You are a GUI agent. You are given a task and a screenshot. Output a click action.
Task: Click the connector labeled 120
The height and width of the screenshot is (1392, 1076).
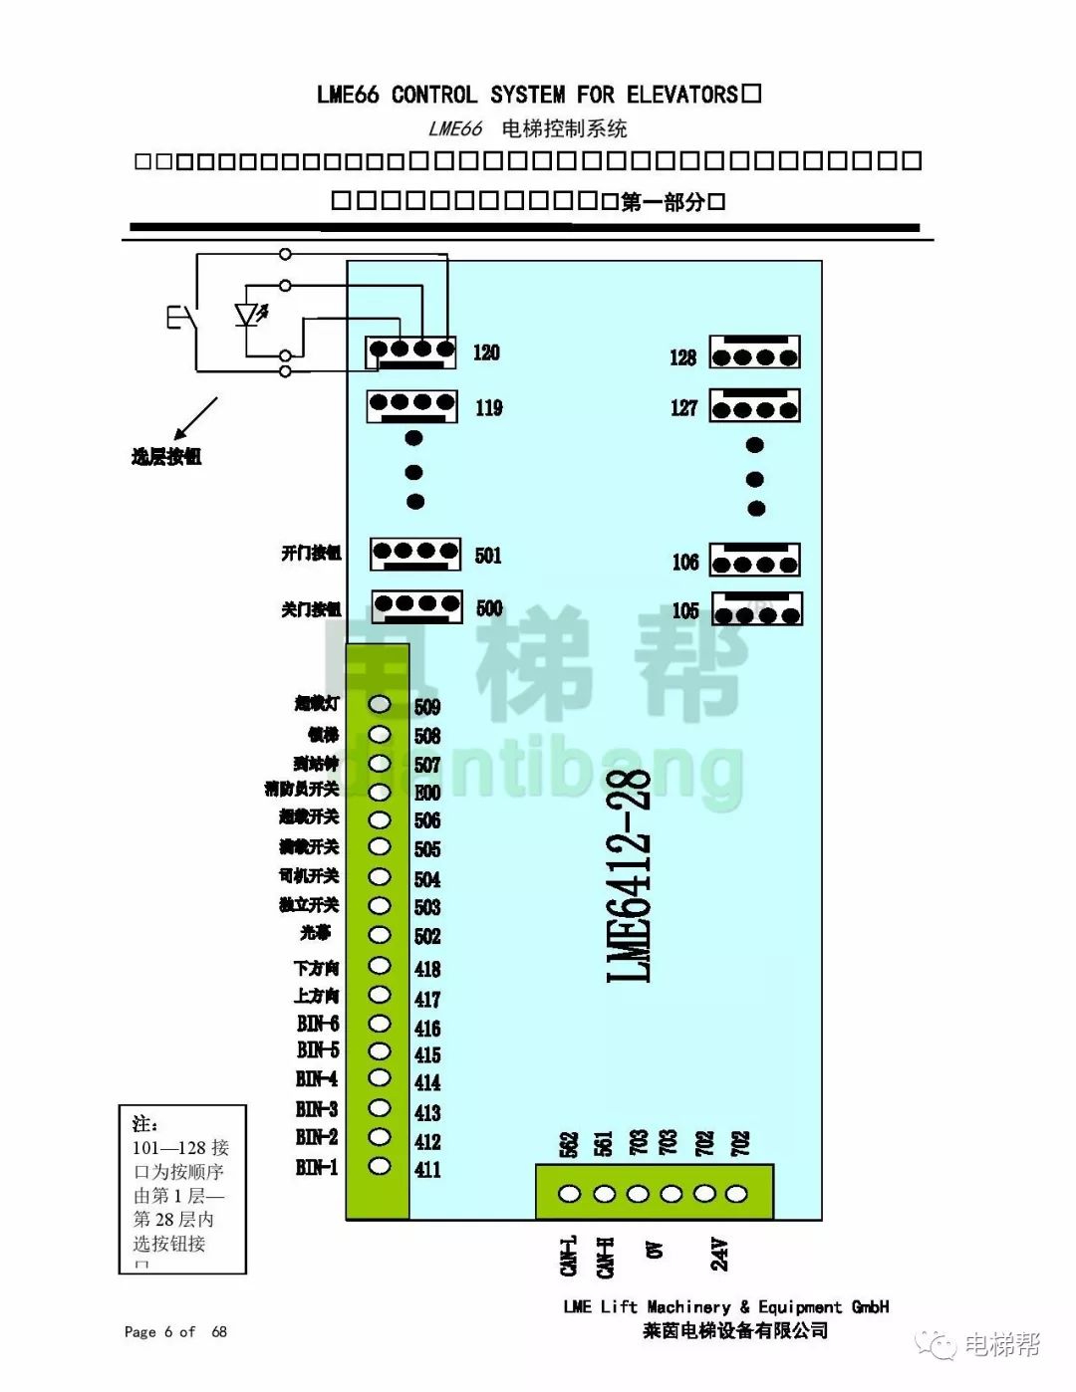tap(411, 350)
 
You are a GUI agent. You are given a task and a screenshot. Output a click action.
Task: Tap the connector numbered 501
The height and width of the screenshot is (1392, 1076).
tap(415, 554)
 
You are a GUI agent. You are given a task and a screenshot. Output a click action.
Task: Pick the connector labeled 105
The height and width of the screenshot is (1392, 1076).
tap(758, 609)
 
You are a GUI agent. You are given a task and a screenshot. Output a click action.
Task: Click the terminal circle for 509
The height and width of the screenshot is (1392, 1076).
tap(380, 704)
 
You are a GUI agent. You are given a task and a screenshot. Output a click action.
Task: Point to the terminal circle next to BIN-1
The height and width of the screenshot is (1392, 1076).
tap(380, 1165)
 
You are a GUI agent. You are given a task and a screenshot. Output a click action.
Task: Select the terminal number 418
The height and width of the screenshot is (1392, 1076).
tap(427, 969)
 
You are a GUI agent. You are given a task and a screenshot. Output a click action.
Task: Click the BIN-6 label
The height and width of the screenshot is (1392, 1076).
tap(318, 1023)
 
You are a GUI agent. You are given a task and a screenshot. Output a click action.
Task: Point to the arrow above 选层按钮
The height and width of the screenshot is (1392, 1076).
tap(196, 417)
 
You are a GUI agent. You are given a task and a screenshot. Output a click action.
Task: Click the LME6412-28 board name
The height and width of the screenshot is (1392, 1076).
tap(629, 875)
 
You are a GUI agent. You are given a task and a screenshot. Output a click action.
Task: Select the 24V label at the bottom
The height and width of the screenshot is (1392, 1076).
tap(719, 1254)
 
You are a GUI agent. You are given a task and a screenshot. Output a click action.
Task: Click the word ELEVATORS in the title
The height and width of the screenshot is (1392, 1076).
tap(681, 95)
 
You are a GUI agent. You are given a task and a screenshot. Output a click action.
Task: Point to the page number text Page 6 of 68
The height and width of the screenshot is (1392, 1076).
tap(175, 1331)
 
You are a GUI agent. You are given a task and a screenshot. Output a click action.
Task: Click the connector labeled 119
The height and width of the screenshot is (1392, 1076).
tap(412, 405)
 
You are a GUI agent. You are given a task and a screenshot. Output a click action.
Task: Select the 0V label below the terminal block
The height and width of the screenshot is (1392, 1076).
tap(655, 1251)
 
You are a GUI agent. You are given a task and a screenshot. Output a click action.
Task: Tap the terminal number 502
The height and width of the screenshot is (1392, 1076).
tap(427, 936)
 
